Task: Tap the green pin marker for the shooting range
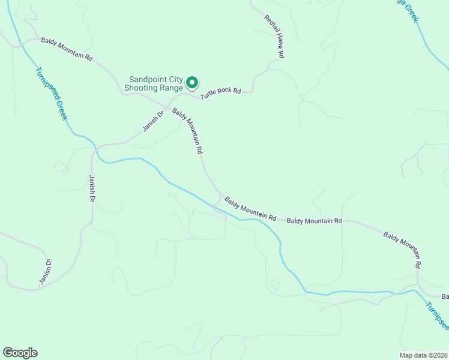(192, 82)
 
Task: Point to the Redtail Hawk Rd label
(274, 37)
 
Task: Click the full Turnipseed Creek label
(50, 93)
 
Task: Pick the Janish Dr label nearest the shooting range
(154, 122)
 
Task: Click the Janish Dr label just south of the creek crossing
(92, 188)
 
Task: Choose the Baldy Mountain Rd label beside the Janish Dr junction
(187, 132)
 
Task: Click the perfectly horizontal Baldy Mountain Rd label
(314, 221)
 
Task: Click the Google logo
(20, 353)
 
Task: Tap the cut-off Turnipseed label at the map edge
(437, 315)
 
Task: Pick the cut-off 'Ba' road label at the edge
(445, 296)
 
